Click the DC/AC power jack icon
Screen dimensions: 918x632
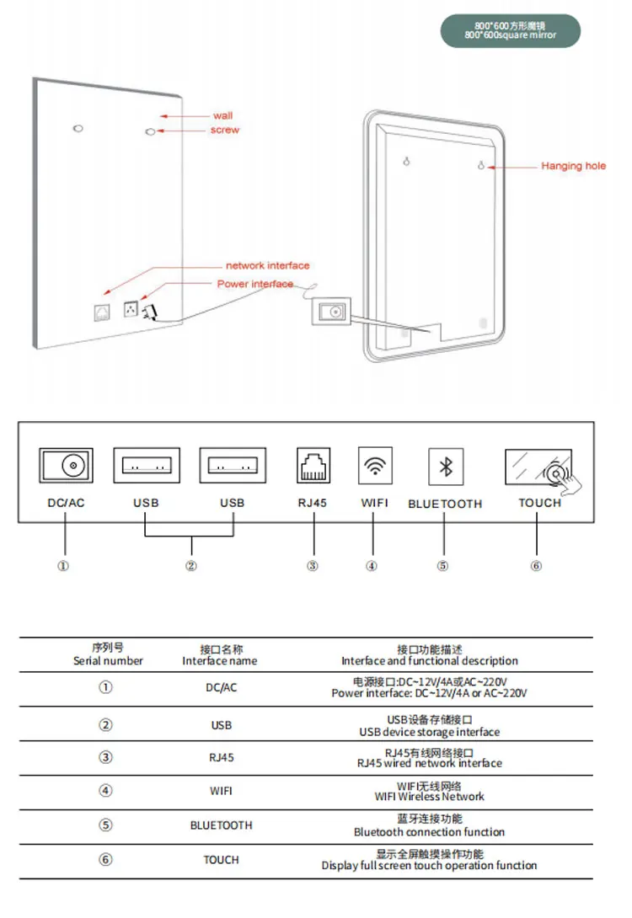(x=66, y=465)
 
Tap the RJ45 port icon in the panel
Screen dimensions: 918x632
(x=313, y=465)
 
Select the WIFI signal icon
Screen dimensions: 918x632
(x=374, y=465)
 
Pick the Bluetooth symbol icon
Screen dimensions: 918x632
(x=444, y=466)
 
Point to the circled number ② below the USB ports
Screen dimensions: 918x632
(x=191, y=566)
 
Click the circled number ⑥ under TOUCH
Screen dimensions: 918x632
(x=536, y=566)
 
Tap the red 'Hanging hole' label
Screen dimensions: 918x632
(x=573, y=166)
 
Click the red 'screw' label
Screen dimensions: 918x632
(x=225, y=130)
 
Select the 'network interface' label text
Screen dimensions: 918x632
(x=267, y=265)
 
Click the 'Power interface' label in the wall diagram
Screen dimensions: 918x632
(x=255, y=284)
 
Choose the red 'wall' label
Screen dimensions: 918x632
(x=222, y=115)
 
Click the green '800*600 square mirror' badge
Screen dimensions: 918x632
(x=511, y=30)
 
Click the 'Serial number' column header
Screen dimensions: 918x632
(x=108, y=655)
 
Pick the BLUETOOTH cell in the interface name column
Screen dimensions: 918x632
(x=221, y=825)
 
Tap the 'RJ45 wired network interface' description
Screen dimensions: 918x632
(x=430, y=758)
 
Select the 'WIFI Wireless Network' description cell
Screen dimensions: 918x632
(x=430, y=790)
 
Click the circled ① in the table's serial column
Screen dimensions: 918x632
(x=105, y=687)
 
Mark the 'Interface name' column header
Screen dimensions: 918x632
(x=221, y=655)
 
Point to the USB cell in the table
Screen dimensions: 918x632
(x=221, y=725)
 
